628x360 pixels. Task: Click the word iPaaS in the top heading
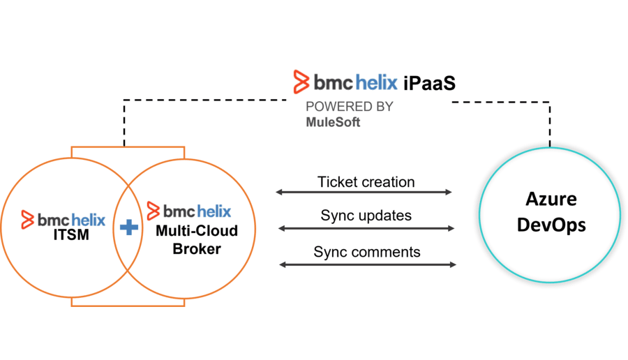tap(429, 83)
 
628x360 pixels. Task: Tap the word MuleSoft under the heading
tap(333, 121)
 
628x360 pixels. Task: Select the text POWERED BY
tap(349, 107)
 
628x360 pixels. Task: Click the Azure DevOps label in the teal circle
tap(551, 211)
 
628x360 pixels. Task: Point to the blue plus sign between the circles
tap(128, 227)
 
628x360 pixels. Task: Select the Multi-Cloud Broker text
tap(196, 239)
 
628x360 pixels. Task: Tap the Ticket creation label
tap(366, 182)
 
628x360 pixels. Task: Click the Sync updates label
tap(366, 215)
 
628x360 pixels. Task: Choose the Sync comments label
tap(367, 252)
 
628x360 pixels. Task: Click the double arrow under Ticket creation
tap(364, 192)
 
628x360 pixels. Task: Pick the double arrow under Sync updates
tap(366, 228)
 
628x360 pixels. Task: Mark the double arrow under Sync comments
tap(368, 264)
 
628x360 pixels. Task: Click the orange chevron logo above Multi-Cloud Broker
tap(154, 210)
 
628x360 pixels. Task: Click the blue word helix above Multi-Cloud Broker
tap(213, 211)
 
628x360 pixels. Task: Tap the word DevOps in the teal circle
tap(551, 225)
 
